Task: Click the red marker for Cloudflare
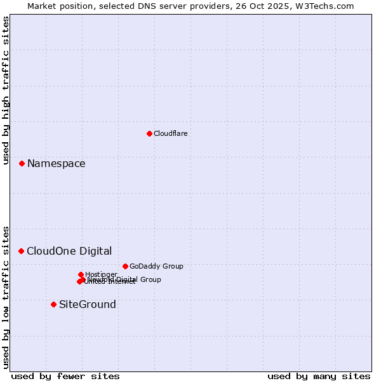pyautogui.click(x=149, y=133)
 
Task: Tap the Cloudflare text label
pyautogui.click(x=170, y=133)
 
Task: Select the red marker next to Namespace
pyautogui.click(x=22, y=163)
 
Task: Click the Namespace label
pyautogui.click(x=56, y=164)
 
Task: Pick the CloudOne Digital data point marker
pyautogui.click(x=21, y=251)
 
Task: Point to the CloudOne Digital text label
pyautogui.click(x=69, y=251)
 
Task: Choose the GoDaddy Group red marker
pyautogui.click(x=125, y=266)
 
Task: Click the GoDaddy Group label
pyautogui.click(x=156, y=267)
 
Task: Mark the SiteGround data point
pyautogui.click(x=53, y=304)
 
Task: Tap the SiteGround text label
pyautogui.click(x=88, y=305)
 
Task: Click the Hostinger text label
pyautogui.click(x=101, y=274)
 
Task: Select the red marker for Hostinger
pyautogui.click(x=81, y=274)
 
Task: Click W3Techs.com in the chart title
pyautogui.click(x=325, y=6)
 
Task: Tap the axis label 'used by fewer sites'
pyautogui.click(x=65, y=376)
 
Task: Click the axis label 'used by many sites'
pyautogui.click(x=319, y=376)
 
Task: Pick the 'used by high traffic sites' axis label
pyautogui.click(x=6, y=91)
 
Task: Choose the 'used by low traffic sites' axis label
pyautogui.click(x=6, y=297)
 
